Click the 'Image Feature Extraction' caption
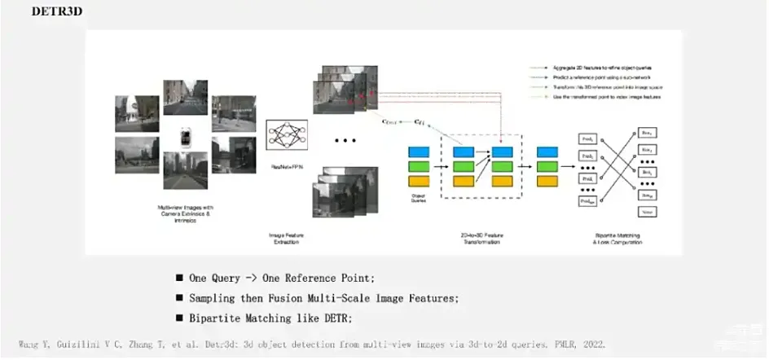click(287, 239)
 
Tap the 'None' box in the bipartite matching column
click(648, 211)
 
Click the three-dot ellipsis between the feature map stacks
click(345, 141)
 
